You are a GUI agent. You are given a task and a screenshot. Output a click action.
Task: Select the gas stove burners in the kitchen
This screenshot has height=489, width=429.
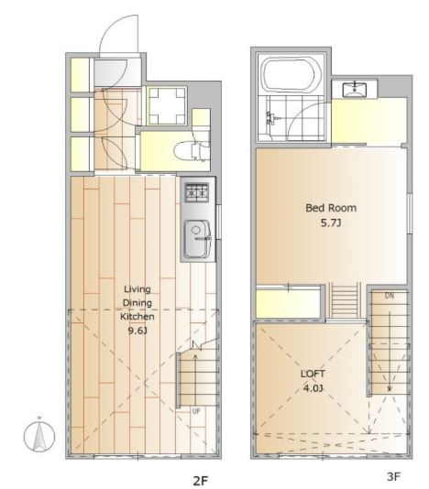(197, 192)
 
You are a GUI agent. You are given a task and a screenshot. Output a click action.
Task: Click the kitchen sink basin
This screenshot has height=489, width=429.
(197, 239)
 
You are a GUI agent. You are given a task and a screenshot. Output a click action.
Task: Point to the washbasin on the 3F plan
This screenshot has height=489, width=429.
(355, 89)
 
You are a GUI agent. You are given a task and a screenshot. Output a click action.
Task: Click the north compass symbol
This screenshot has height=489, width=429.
(39, 436)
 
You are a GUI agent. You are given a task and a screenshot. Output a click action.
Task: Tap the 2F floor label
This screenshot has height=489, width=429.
(200, 481)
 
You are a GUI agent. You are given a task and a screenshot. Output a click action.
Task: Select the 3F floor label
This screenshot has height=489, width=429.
(393, 476)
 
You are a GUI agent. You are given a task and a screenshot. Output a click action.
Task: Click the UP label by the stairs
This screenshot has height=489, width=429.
(196, 411)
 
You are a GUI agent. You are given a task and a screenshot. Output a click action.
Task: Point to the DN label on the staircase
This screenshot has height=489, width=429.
(390, 296)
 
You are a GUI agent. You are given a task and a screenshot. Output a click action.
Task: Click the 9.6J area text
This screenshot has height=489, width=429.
(137, 331)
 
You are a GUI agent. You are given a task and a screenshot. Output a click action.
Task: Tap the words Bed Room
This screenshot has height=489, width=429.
(331, 208)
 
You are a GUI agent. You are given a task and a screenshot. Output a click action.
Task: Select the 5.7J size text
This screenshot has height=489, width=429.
(331, 223)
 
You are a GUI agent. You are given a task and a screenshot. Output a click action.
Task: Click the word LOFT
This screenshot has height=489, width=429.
(313, 374)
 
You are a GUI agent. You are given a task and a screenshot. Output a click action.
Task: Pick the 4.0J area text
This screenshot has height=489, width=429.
(313, 388)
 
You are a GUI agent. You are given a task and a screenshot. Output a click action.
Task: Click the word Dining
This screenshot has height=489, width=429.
(137, 303)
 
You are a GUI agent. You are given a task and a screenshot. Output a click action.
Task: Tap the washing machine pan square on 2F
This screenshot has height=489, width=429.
(167, 106)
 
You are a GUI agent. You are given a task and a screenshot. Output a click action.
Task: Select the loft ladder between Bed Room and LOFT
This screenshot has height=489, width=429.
(345, 300)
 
